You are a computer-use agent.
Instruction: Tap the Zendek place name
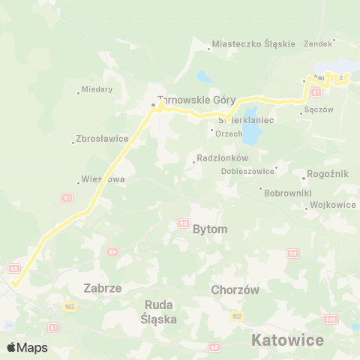pyautogui.click(x=318, y=43)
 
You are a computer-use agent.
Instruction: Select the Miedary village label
pyautogui.click(x=98, y=89)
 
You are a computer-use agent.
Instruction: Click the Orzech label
pyautogui.click(x=229, y=133)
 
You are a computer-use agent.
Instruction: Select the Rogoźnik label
pyautogui.click(x=328, y=174)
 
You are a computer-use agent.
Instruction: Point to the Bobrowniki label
pyautogui.click(x=285, y=192)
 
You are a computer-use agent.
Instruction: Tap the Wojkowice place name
pyautogui.click(x=333, y=204)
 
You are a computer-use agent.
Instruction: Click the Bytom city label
pyautogui.click(x=210, y=229)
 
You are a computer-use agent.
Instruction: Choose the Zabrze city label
pyautogui.click(x=103, y=287)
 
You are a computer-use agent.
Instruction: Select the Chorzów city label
pyautogui.click(x=235, y=289)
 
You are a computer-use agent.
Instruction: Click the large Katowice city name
pyautogui.click(x=287, y=340)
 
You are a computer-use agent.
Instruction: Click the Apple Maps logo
pyautogui.click(x=27, y=347)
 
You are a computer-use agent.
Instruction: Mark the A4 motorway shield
pyautogui.click(x=214, y=346)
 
